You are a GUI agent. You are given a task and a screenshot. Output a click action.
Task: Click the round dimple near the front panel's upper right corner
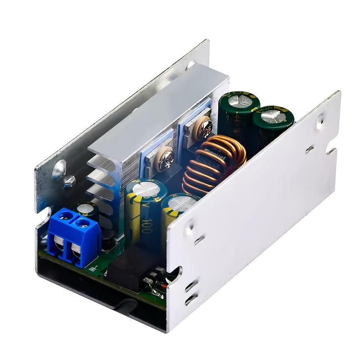coord(319,121)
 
